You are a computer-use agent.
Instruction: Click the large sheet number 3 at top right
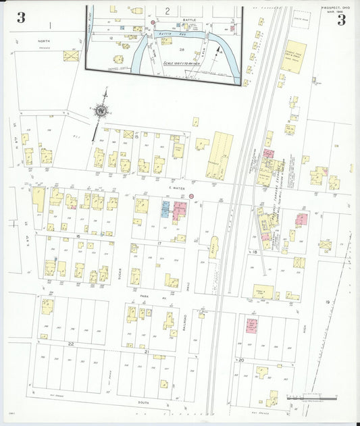(x=341, y=19)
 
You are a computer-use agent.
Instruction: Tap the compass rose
(x=102, y=110)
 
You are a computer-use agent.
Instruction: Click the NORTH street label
(x=45, y=41)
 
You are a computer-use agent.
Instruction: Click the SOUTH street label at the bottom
(x=143, y=402)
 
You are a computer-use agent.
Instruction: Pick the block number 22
(x=70, y=343)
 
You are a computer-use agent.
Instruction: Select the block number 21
(x=146, y=352)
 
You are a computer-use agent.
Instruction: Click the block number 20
(x=241, y=361)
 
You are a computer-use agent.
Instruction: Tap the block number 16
(x=78, y=236)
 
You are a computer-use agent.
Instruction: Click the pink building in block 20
(x=251, y=326)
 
